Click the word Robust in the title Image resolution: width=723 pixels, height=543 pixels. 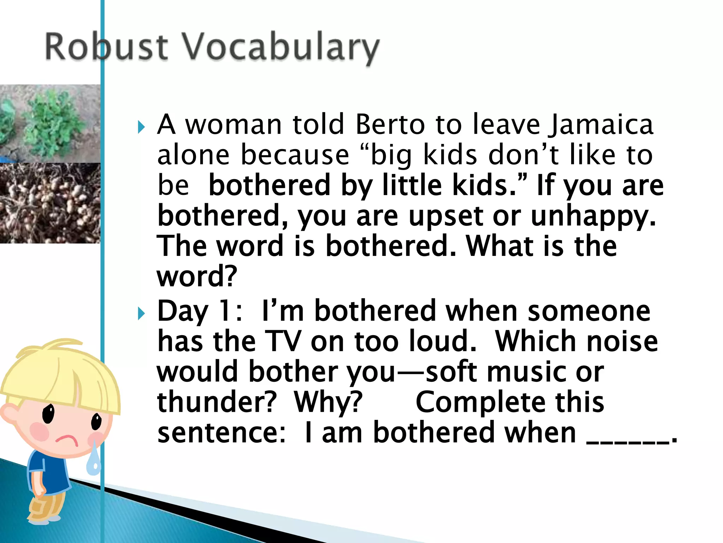pyautogui.click(x=106, y=47)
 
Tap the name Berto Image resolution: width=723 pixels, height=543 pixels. pyautogui.click(x=390, y=124)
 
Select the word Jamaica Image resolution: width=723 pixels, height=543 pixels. pyautogui.click(x=600, y=125)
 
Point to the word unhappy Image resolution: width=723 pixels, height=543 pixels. pyautogui.click(x=593, y=216)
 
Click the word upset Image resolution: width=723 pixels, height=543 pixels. pyautogui.click(x=446, y=216)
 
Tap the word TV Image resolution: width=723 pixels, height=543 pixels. pyautogui.click(x=282, y=341)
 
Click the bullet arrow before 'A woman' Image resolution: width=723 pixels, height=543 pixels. pyautogui.click(x=142, y=127)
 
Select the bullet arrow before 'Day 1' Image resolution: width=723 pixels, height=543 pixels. pyautogui.click(x=142, y=313)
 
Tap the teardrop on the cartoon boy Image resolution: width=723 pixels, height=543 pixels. pyautogui.click(x=94, y=460)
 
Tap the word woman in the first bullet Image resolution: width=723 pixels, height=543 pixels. pyautogui.click(x=233, y=124)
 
